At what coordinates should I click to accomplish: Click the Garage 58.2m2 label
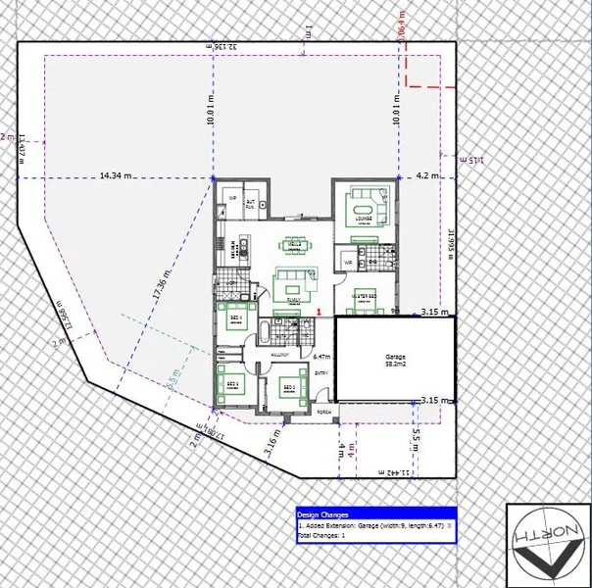[x=394, y=360]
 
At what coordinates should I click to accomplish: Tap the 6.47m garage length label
[x=321, y=357]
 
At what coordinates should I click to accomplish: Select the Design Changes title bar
[x=376, y=514]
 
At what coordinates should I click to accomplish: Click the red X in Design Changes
[x=449, y=526]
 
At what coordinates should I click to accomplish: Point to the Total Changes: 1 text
[x=321, y=536]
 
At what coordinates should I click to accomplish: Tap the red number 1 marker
[x=320, y=312]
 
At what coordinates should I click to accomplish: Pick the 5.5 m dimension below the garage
[x=417, y=434]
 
